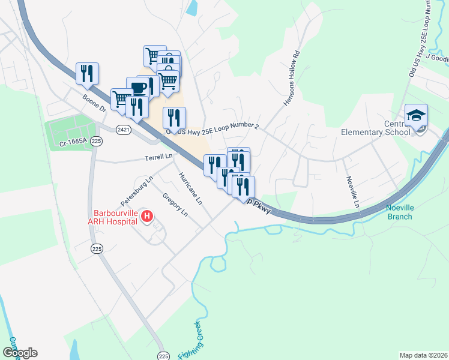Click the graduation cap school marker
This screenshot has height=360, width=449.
coord(416,116)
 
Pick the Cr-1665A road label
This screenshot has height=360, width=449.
coord(73,143)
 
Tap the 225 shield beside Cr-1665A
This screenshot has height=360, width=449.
coord(97,140)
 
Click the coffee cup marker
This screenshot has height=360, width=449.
coord(137,88)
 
